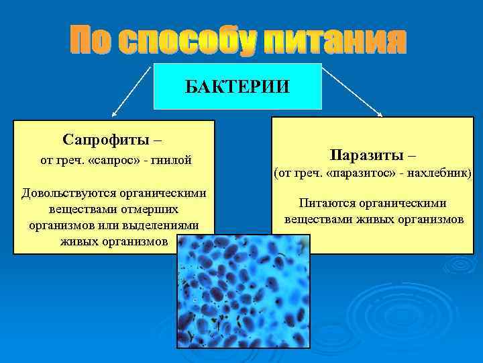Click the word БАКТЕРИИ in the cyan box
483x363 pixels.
(237, 87)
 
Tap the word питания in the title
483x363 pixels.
(335, 42)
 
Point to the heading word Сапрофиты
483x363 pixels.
(106, 139)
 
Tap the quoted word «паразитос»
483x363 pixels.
(352, 173)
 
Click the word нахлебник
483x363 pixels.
(439, 173)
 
